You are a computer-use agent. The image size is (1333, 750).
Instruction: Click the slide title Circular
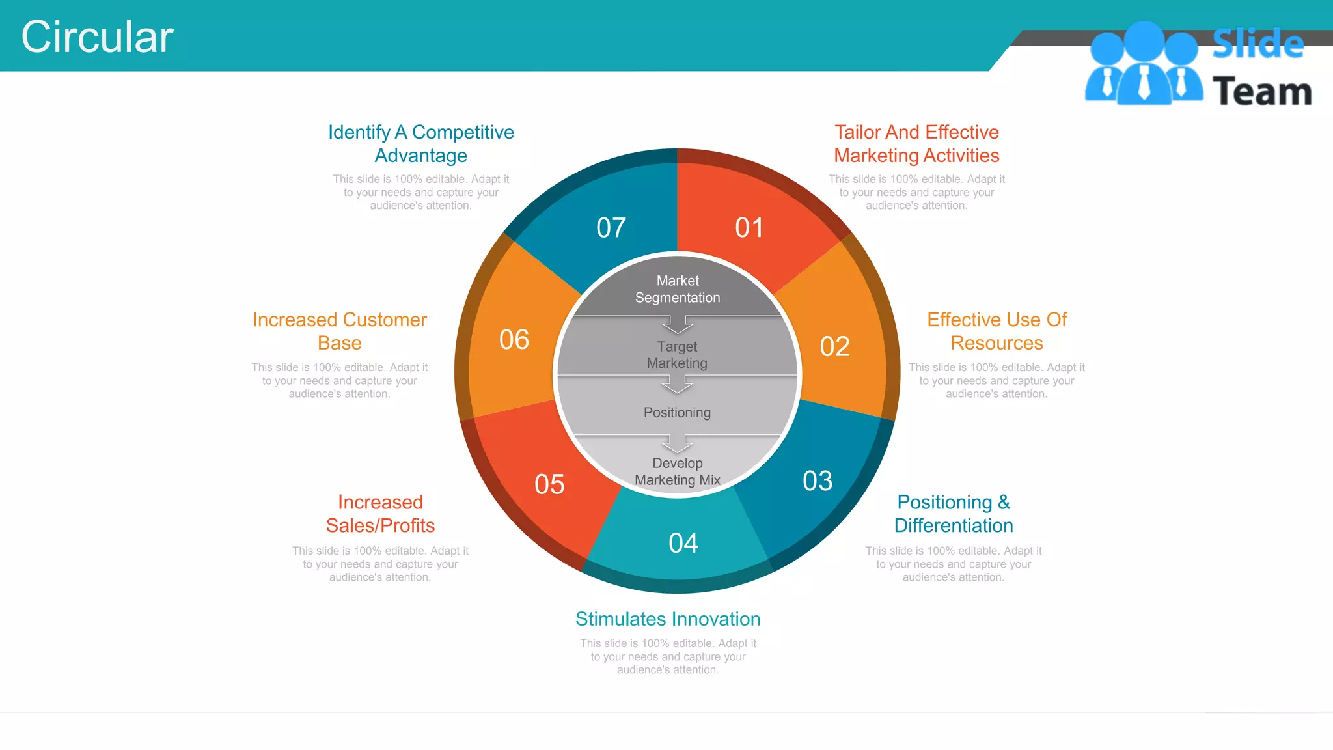click(97, 36)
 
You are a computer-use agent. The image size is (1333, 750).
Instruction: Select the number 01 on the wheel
click(749, 228)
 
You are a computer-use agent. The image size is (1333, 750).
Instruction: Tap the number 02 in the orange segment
click(834, 346)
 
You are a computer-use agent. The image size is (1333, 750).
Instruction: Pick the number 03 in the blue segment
click(818, 481)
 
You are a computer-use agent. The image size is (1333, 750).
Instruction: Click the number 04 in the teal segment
click(683, 543)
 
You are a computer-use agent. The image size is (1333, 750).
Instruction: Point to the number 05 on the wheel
click(549, 484)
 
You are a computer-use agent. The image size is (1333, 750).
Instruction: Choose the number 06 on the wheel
click(514, 340)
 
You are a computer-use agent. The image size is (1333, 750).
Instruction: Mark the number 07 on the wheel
click(611, 228)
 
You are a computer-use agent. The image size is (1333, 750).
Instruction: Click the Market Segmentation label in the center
click(678, 289)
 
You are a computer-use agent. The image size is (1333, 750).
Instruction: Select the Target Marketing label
click(677, 355)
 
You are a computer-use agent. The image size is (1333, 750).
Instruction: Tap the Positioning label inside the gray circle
click(677, 413)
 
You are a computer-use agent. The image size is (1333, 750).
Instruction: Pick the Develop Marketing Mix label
click(678, 471)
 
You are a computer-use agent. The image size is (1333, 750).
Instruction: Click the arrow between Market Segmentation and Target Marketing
click(678, 324)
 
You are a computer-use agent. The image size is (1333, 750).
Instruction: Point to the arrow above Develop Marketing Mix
click(678, 443)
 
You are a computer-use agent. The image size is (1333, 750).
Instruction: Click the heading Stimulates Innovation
click(668, 619)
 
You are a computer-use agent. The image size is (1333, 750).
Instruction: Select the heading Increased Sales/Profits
click(380, 514)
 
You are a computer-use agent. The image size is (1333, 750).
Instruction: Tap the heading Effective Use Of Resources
click(996, 331)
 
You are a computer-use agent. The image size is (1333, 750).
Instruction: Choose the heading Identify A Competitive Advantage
click(421, 144)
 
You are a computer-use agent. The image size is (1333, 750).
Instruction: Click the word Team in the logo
click(1262, 92)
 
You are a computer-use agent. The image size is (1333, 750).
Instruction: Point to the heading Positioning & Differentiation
click(954, 514)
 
